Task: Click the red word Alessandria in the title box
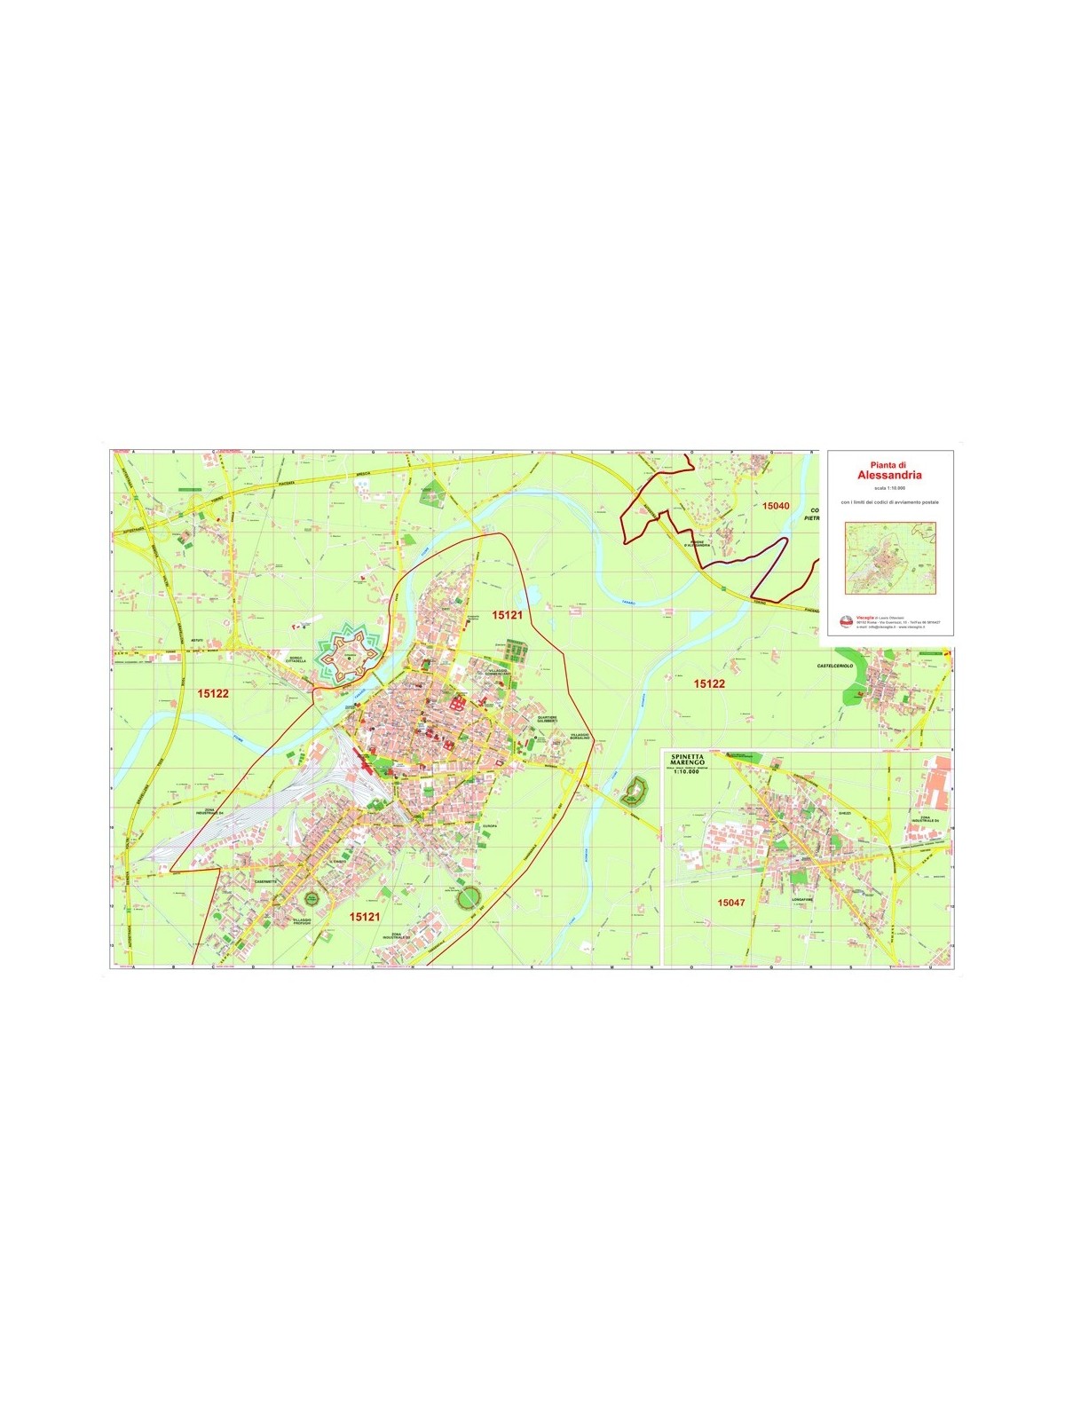click(889, 475)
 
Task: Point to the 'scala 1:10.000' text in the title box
click(889, 487)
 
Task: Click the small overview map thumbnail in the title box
click(890, 558)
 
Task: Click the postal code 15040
click(775, 506)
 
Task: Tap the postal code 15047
click(730, 903)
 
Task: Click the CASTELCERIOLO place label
click(834, 666)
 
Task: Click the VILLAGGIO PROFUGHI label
click(302, 921)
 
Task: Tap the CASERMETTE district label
click(266, 881)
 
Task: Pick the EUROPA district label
click(490, 826)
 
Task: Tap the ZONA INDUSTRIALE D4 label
click(210, 812)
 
